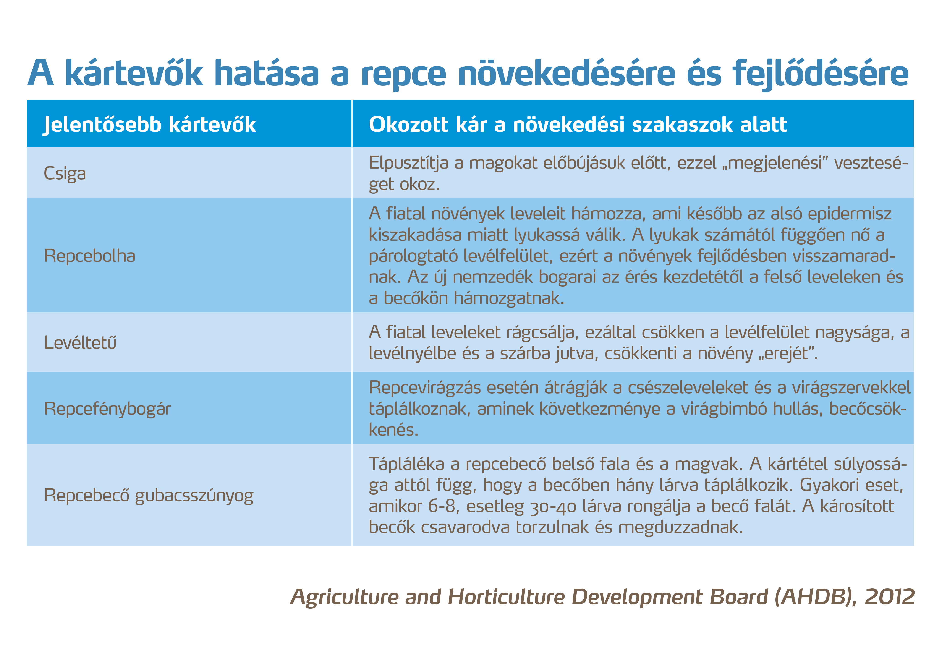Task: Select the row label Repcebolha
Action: [x=89, y=256]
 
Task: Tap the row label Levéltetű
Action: [x=80, y=343]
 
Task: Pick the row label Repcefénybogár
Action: [x=107, y=409]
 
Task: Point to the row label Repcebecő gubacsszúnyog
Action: [x=149, y=496]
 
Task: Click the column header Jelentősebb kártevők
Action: [x=150, y=124]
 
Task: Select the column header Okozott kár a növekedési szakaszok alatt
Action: [x=578, y=124]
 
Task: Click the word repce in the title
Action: [x=403, y=74]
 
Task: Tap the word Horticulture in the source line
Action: [x=506, y=597]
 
